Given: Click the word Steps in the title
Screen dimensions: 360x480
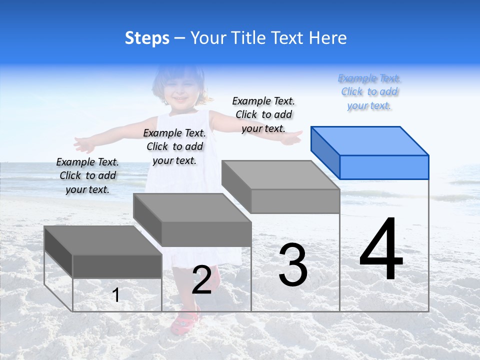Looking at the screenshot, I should tap(147, 38).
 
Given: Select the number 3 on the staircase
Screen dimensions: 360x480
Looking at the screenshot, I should tap(293, 264).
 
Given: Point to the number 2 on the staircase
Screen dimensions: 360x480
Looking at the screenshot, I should tap(201, 279).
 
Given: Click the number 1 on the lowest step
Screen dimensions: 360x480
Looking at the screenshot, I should tap(115, 295).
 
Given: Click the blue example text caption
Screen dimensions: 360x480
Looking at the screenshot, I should tap(369, 92).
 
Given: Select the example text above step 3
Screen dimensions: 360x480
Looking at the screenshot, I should tap(263, 114).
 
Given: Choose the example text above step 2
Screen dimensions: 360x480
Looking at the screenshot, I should tap(174, 146).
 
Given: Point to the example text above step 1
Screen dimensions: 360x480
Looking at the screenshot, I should tap(87, 175).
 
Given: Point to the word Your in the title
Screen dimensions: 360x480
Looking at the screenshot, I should tap(207, 38).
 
